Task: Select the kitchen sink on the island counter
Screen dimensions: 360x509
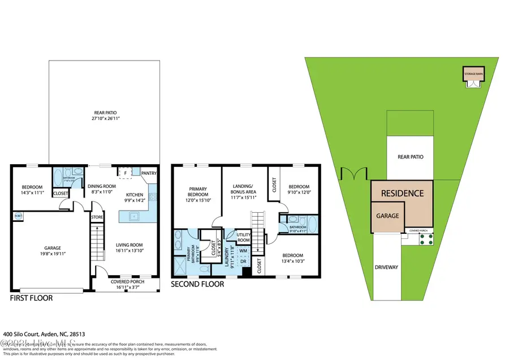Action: [133, 215]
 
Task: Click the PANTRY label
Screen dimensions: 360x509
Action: [149, 173]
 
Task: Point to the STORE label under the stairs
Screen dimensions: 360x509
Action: [97, 216]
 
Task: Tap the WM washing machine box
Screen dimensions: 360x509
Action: [243, 250]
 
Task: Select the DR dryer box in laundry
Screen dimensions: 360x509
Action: [243, 262]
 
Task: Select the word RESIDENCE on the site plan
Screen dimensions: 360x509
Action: [402, 193]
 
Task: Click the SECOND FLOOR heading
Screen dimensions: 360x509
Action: [197, 284]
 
